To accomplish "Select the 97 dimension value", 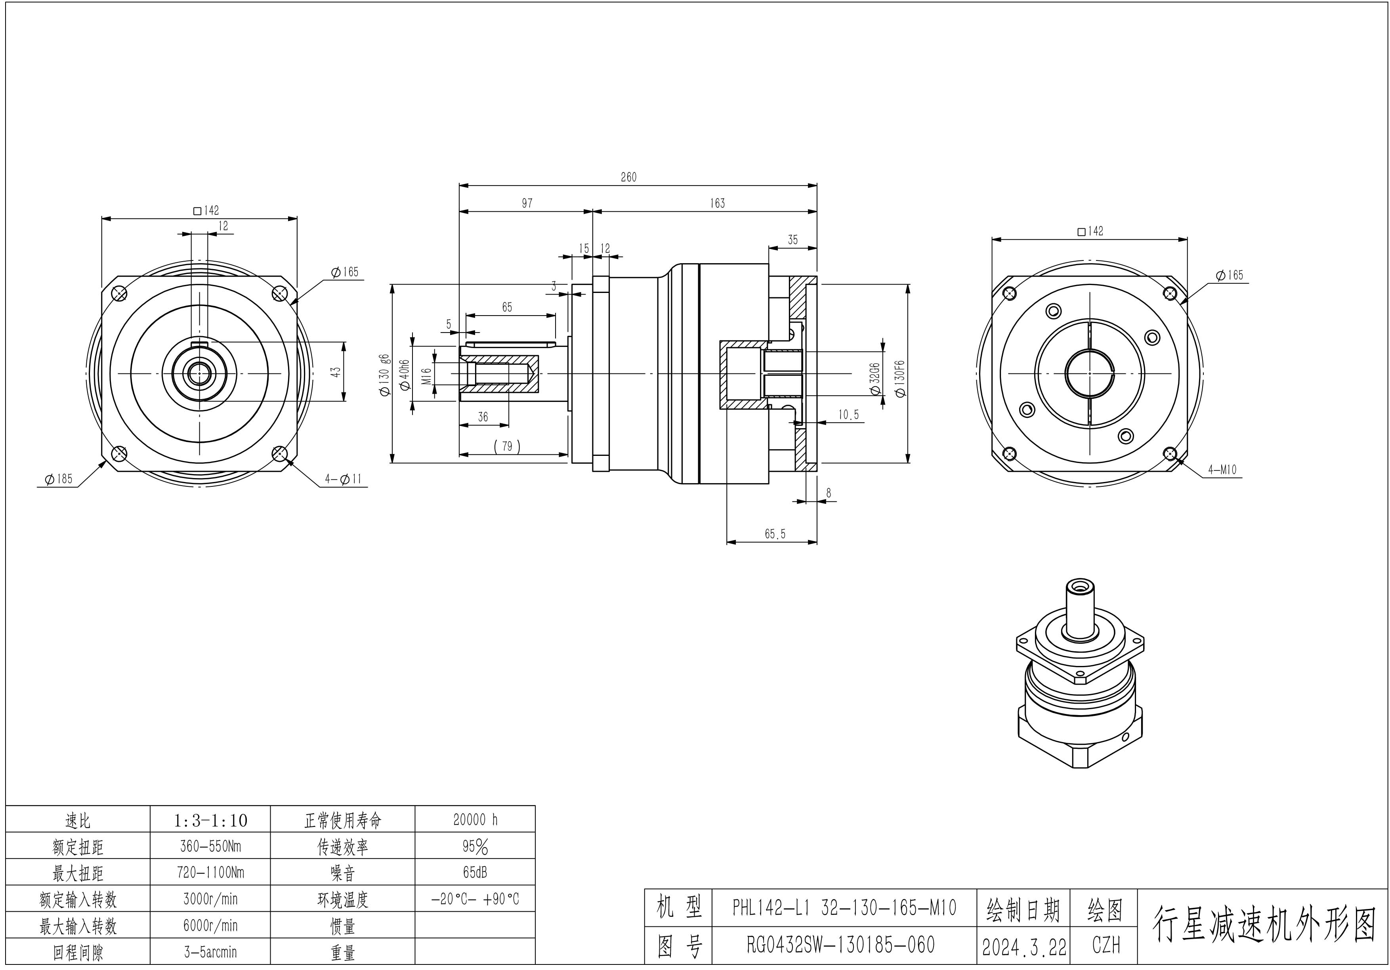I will [x=527, y=203].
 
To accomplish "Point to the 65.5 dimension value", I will [x=775, y=534].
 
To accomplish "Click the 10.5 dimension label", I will [x=848, y=415].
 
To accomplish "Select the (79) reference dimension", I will [x=507, y=446].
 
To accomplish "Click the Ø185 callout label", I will [x=59, y=479].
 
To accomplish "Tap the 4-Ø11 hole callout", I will [x=343, y=479].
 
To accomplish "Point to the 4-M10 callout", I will [x=1222, y=469].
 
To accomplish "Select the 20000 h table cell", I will [x=475, y=820].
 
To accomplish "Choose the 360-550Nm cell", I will [x=210, y=846].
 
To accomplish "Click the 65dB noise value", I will [x=475, y=872].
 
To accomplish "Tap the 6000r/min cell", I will [x=210, y=926].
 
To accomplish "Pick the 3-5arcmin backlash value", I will [x=210, y=952].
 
